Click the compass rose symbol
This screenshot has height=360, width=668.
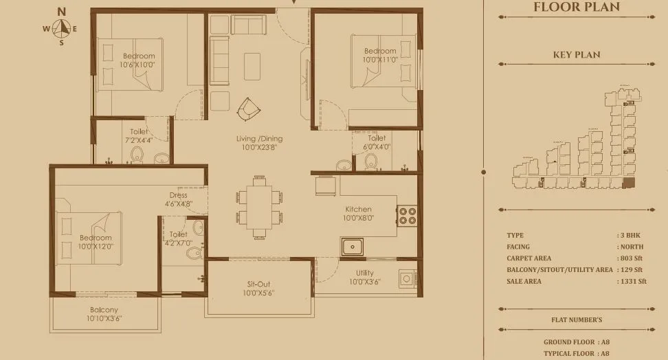coord(63,28)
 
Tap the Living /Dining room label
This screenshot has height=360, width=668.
coord(261,143)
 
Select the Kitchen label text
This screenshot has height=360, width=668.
coord(358,214)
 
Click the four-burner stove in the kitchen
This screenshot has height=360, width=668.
coord(407,216)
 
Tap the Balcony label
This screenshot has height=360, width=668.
coord(104,315)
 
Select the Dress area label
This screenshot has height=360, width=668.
coord(178,199)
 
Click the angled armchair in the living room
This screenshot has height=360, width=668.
coord(248,108)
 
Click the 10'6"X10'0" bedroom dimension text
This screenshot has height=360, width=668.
coord(137,65)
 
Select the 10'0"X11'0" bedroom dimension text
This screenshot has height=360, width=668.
coord(380,60)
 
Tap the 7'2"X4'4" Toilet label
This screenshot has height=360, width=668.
coord(138,135)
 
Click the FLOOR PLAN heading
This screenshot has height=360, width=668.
coord(577,8)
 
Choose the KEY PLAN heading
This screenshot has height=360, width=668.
coord(577,55)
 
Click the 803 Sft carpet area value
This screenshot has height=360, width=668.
coord(633,258)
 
